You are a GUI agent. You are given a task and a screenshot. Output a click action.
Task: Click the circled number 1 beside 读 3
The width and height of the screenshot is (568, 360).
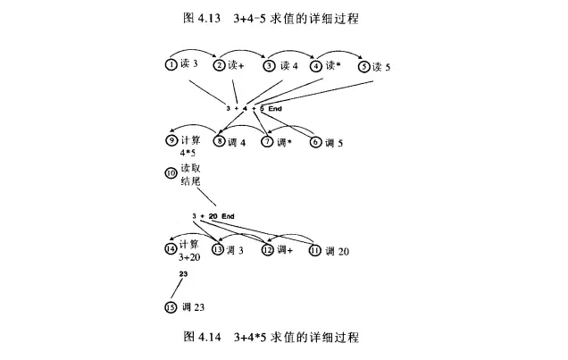170,65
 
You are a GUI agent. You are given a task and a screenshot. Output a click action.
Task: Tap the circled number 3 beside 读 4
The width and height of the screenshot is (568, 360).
268,65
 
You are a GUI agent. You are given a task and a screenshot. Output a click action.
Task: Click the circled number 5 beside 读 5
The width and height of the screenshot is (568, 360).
364,65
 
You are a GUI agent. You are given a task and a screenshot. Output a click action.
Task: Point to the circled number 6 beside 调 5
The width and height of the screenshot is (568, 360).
314,141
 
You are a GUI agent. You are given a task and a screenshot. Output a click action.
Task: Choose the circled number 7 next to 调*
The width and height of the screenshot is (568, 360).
267,141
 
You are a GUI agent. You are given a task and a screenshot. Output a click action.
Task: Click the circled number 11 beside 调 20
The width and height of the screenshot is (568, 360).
314,250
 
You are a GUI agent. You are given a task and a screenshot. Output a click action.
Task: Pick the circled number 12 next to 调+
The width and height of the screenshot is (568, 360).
267,250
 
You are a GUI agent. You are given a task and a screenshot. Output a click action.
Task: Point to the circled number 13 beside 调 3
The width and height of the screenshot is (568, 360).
218,250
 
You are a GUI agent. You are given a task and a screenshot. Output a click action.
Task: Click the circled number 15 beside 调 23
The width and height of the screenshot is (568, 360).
171,307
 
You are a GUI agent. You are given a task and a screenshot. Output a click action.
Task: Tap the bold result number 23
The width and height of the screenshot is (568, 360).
183,273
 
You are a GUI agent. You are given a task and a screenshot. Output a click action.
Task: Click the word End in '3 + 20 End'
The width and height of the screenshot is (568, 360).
228,217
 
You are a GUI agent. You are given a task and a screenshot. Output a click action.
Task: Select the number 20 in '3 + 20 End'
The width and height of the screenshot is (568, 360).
213,217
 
